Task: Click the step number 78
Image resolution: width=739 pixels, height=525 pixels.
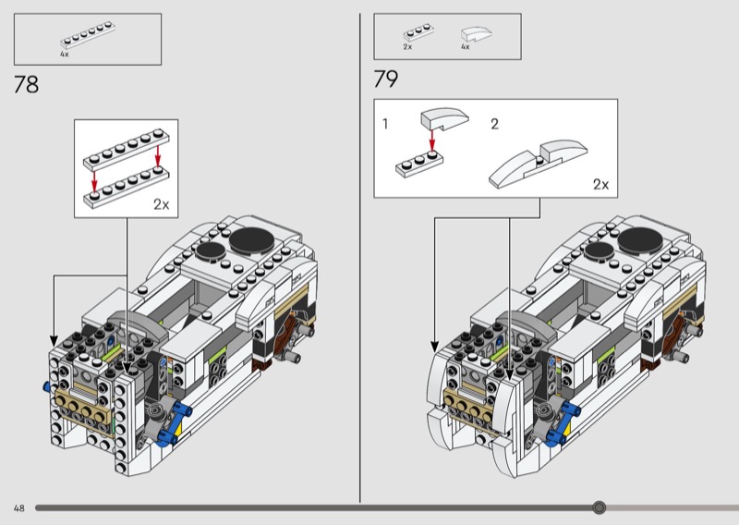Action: click(x=27, y=86)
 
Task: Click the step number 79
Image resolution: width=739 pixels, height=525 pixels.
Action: click(x=386, y=80)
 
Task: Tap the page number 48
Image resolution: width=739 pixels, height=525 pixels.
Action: click(x=18, y=508)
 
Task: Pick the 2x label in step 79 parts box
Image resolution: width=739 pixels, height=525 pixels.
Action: click(x=407, y=47)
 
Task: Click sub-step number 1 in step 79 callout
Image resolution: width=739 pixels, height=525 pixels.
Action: click(x=386, y=124)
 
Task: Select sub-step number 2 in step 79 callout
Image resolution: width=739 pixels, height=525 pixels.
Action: click(x=494, y=124)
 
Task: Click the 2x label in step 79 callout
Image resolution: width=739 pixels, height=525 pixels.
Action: click(x=601, y=184)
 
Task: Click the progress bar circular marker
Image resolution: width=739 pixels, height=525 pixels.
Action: click(x=599, y=507)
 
